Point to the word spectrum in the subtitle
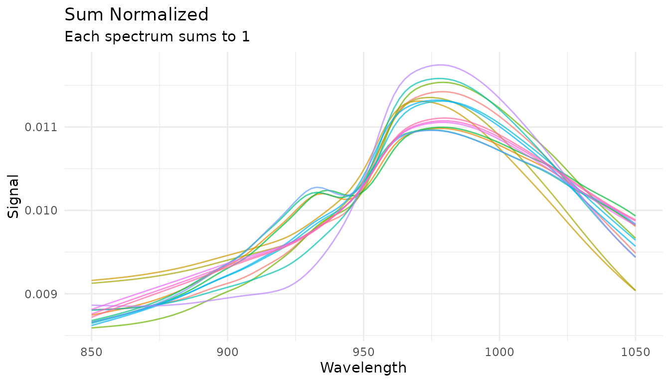[127, 37]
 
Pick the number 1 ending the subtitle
[246, 36]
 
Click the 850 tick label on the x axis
[92, 352]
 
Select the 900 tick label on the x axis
[227, 352]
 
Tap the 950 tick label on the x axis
[363, 352]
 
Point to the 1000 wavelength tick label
[500, 352]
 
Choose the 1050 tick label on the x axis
[635, 352]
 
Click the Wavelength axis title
[363, 368]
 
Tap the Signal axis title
[14, 196]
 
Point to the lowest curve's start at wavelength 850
[92, 328]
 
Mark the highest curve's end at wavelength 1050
[635, 215]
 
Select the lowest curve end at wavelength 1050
[635, 290]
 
